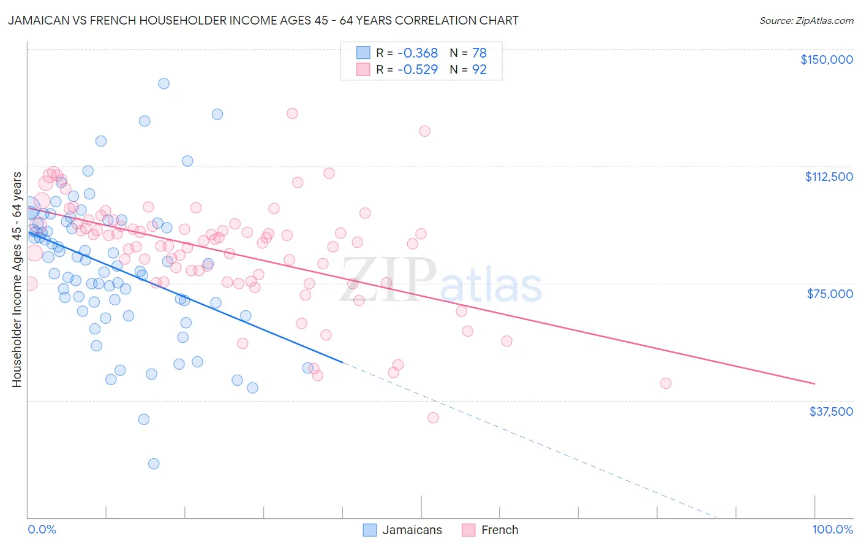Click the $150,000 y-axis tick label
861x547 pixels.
(x=826, y=59)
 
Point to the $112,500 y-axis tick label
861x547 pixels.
(x=829, y=177)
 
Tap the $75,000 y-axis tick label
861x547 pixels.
(x=830, y=294)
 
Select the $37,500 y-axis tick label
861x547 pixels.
(x=831, y=411)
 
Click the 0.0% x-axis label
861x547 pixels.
(x=42, y=530)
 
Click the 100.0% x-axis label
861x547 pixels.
(x=832, y=530)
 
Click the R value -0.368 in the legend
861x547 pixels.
(x=418, y=53)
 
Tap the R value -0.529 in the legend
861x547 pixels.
(x=418, y=70)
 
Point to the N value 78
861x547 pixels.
(x=479, y=53)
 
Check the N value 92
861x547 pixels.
(x=479, y=70)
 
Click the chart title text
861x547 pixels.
(x=263, y=21)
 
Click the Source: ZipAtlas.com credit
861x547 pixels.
(x=806, y=21)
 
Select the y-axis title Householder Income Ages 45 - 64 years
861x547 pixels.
(x=17, y=280)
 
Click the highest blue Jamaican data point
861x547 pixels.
(x=164, y=83)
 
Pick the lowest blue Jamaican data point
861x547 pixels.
(x=154, y=464)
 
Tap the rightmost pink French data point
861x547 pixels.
(x=666, y=383)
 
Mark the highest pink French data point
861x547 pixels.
(x=292, y=113)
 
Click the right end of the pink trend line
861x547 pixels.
(x=814, y=384)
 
